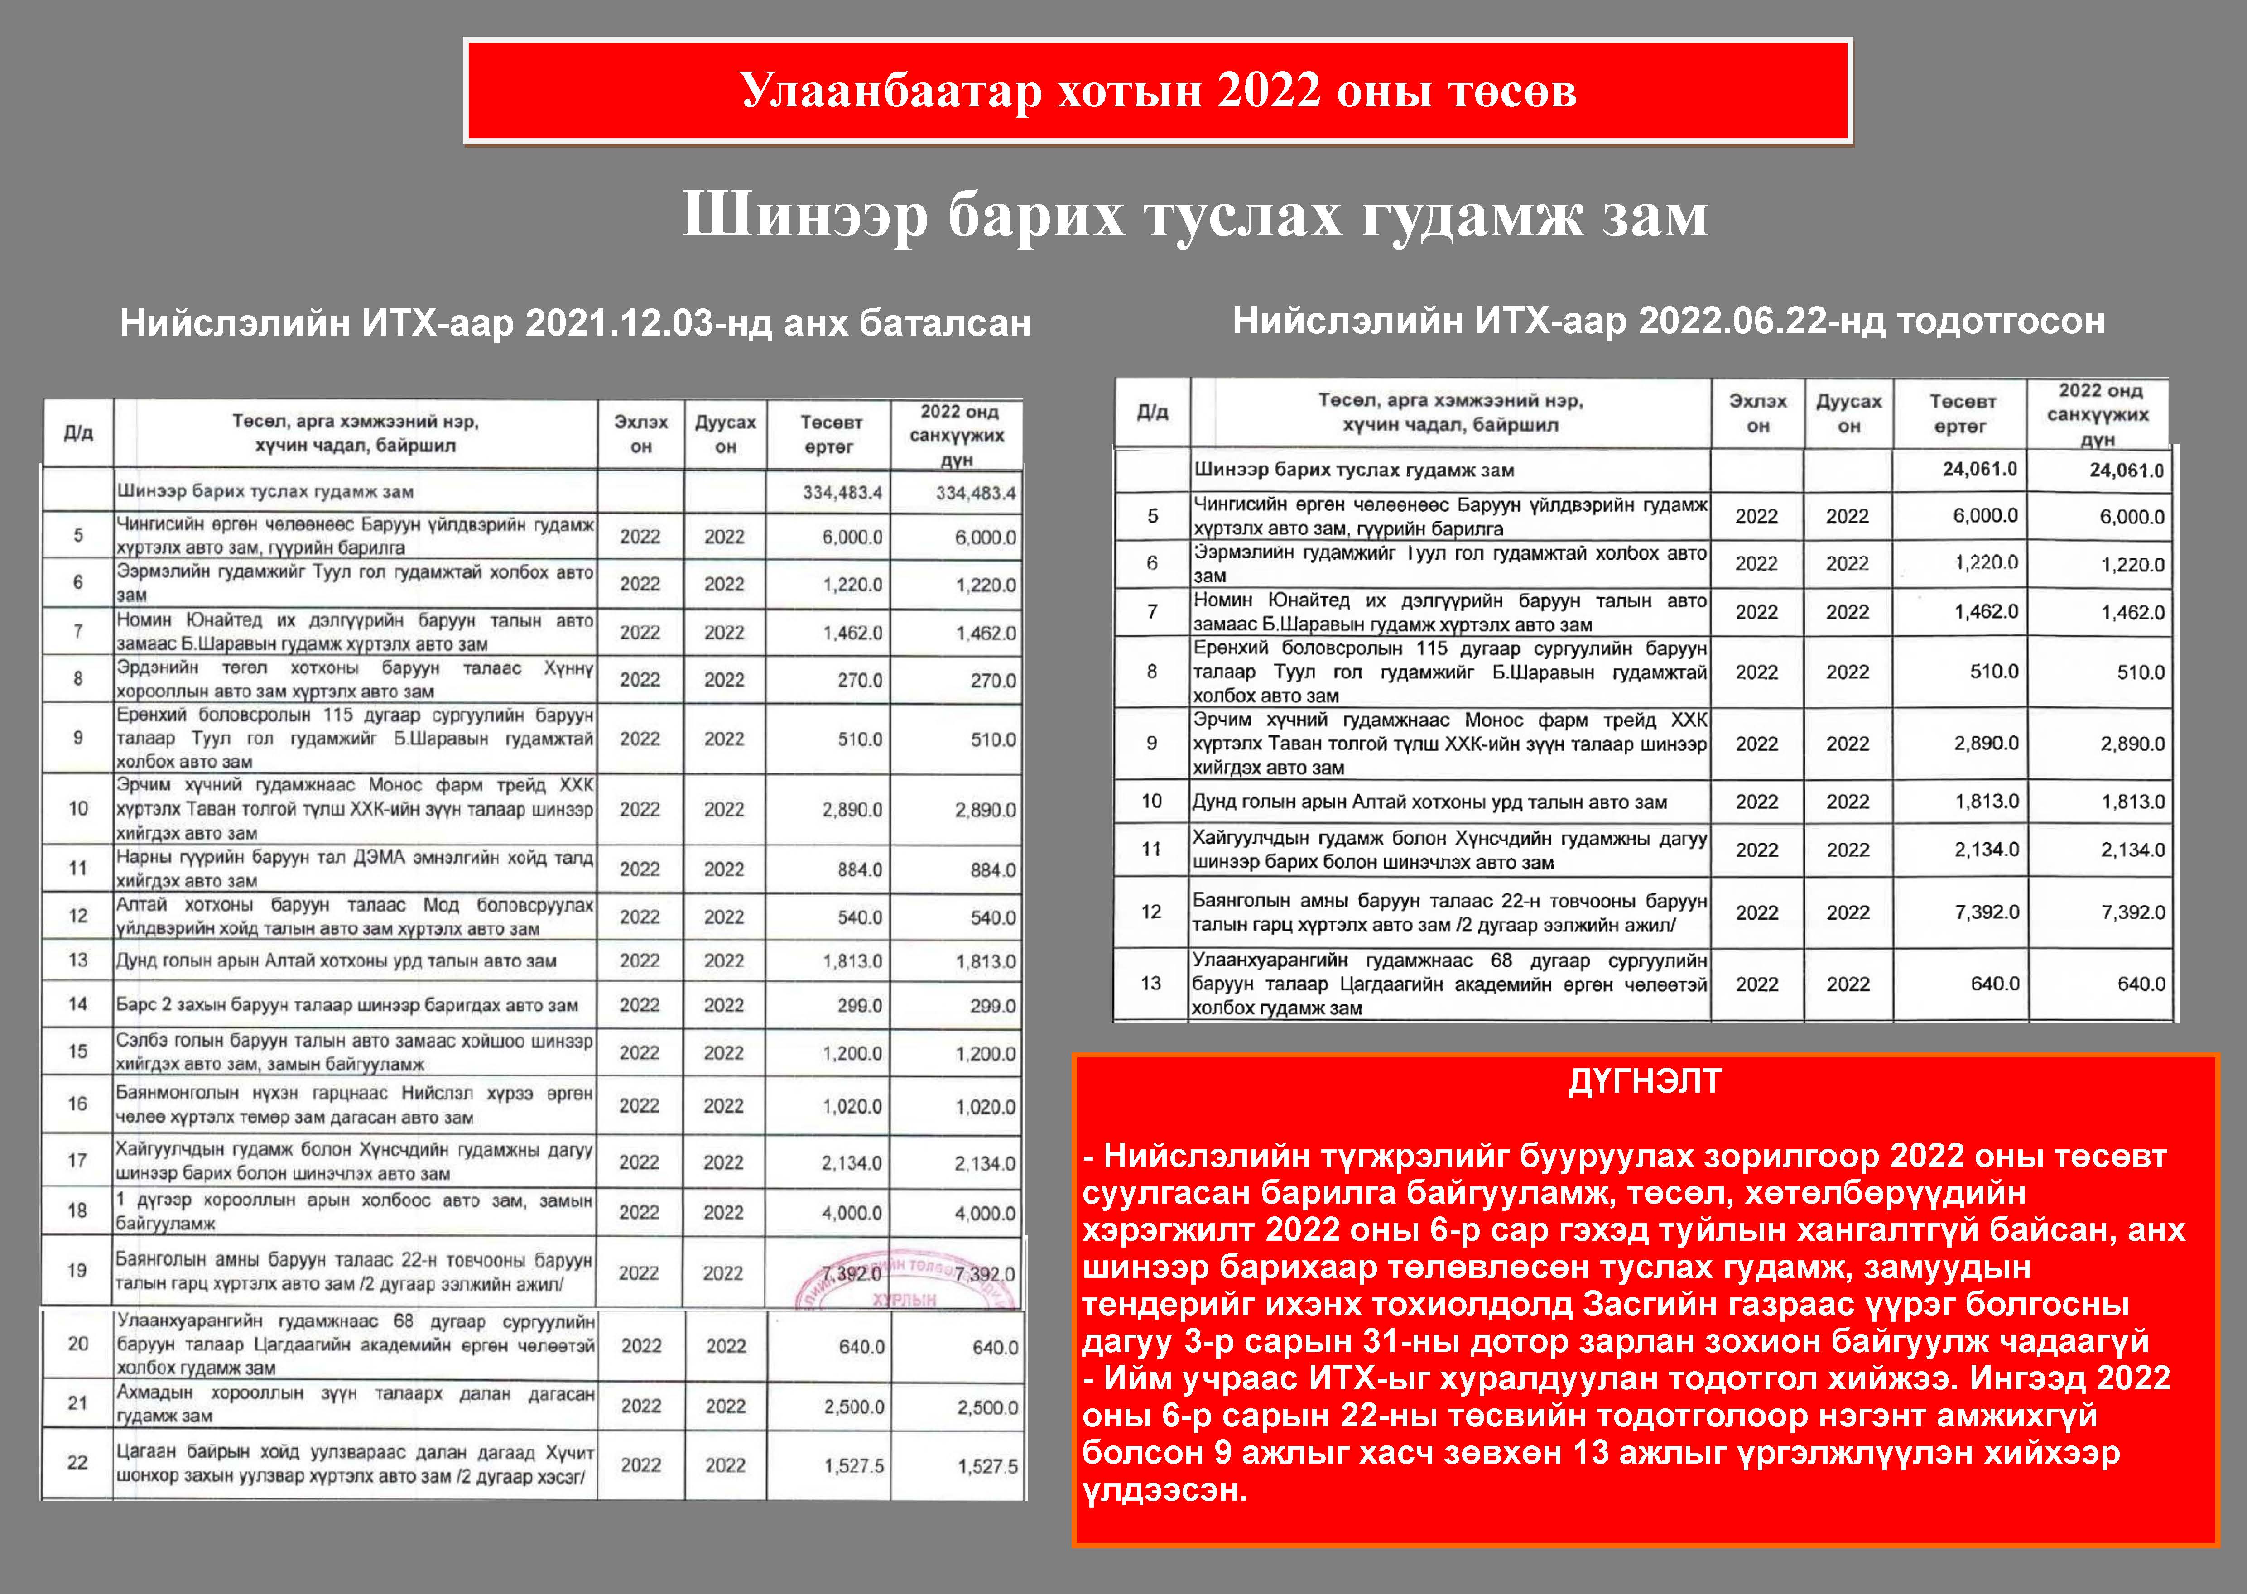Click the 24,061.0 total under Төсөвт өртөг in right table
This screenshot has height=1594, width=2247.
point(1979,469)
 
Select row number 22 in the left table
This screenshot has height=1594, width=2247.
point(77,1463)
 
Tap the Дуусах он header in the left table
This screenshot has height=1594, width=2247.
point(726,434)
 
